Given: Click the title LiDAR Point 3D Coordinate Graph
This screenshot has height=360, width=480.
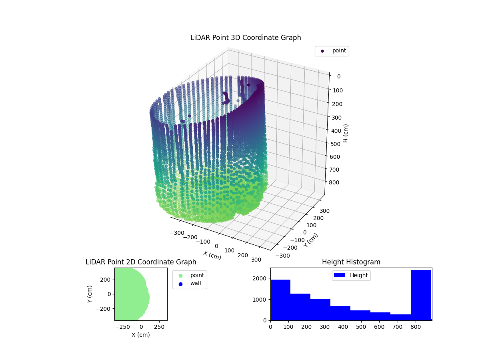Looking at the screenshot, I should (246, 38).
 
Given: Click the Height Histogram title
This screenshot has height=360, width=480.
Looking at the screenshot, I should (351, 262).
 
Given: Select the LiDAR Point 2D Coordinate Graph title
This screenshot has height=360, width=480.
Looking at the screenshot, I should (141, 262).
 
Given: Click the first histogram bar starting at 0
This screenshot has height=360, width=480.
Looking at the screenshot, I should (280, 300).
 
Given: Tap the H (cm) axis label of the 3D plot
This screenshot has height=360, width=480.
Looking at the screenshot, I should (346, 133).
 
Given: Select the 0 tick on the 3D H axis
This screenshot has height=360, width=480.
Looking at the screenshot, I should (338, 76).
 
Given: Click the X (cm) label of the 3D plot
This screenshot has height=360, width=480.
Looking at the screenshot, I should (212, 255).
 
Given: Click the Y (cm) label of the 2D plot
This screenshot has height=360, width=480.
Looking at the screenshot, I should (90, 294).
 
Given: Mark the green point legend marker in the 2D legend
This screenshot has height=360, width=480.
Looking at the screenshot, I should (180, 276).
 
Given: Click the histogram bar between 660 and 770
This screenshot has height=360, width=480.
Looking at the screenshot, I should (400, 317).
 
